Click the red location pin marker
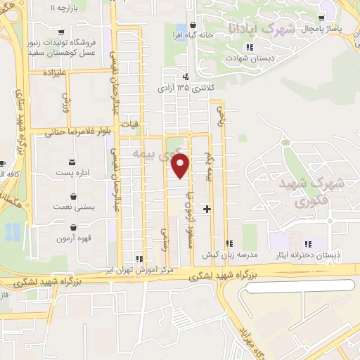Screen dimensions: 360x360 click(x=181, y=167)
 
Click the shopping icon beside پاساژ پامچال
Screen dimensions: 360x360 click(x=321, y=17)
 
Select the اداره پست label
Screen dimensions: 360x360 click(x=75, y=172)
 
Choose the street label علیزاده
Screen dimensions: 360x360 click(x=53, y=72)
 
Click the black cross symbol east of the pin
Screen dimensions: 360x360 click(x=207, y=209)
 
